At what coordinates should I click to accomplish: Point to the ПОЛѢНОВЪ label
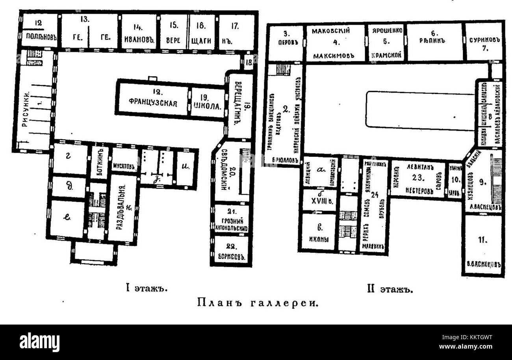click(39, 39)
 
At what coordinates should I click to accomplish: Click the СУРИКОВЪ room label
click(484, 40)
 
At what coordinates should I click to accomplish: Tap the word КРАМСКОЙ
click(386, 55)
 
